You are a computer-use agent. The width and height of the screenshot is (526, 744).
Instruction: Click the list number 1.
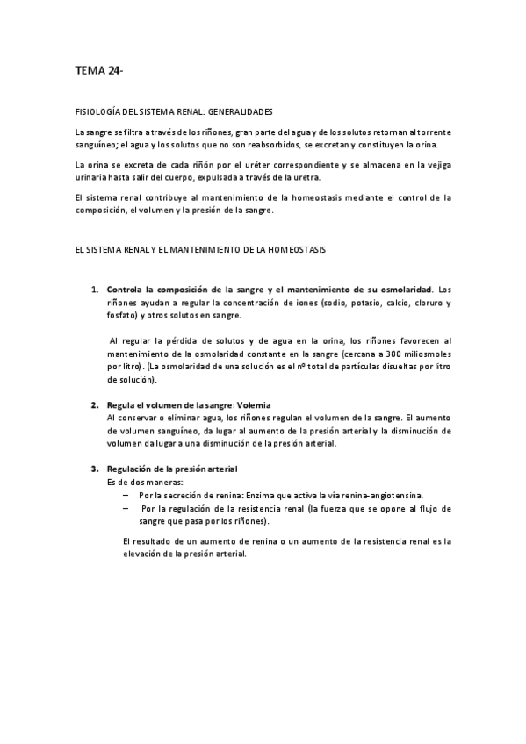pos(95,290)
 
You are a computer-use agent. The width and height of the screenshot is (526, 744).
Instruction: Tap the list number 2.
pos(95,405)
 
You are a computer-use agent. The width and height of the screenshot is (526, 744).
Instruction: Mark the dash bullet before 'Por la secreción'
pos(127,495)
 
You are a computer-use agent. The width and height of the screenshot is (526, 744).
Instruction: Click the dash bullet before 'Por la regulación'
pos(127,508)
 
